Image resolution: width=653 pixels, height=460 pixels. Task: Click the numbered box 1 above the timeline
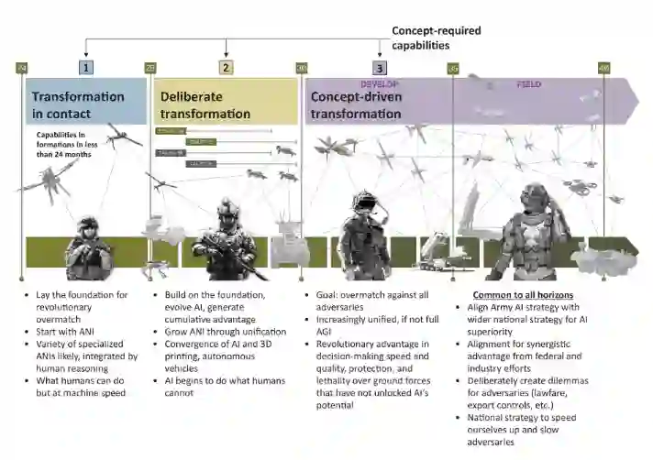(x=85, y=67)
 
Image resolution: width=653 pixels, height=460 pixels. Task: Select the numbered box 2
(x=227, y=67)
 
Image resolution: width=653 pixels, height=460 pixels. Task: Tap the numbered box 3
(x=379, y=67)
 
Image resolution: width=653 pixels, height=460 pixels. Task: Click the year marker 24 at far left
(x=23, y=67)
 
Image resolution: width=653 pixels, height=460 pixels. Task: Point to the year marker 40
(x=603, y=67)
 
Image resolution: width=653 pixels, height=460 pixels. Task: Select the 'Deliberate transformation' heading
(x=205, y=104)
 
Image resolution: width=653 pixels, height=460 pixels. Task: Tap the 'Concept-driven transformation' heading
(x=355, y=104)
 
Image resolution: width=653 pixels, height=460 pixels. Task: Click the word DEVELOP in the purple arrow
(x=377, y=83)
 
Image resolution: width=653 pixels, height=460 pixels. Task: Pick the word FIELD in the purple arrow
(x=529, y=84)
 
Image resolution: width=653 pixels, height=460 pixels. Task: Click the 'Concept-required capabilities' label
(x=436, y=38)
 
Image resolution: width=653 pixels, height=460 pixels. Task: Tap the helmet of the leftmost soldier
(x=88, y=224)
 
